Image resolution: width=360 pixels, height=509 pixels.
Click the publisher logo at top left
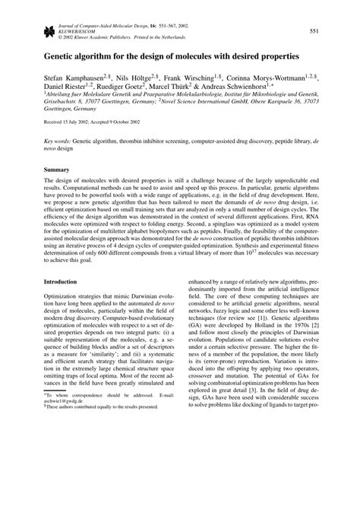[x=51, y=30]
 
